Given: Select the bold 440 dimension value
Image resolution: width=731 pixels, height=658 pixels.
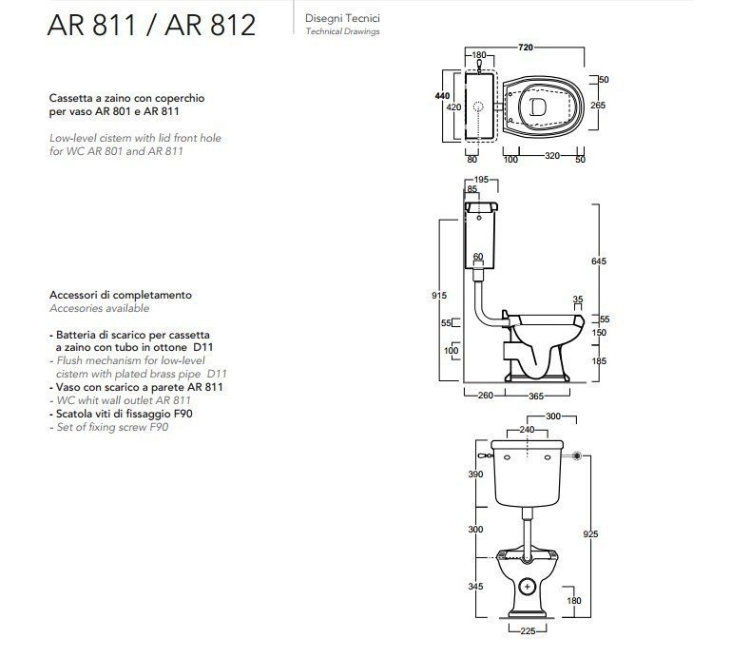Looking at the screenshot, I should pos(441,96).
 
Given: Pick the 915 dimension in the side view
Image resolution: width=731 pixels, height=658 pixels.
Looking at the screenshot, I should pos(438,296).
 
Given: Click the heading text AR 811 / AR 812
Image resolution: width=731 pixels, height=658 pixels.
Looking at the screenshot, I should pos(151,26).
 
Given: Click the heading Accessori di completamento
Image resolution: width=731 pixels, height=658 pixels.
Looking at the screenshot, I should pos(120,295).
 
